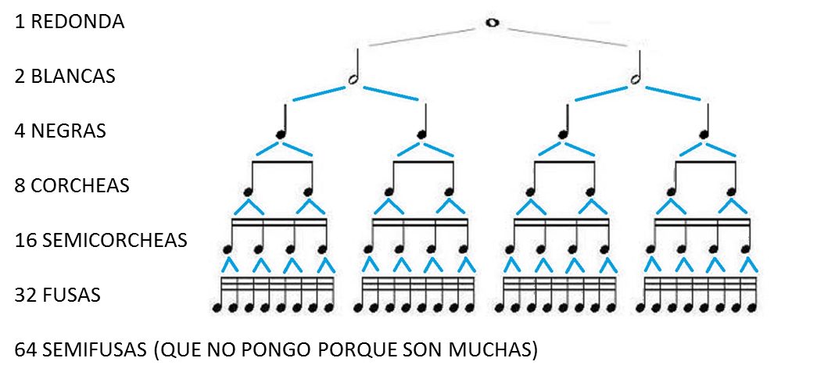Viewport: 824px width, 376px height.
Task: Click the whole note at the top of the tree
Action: click(491, 23)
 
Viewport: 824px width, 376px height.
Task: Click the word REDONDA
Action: click(77, 22)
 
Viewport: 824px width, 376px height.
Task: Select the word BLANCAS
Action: click(73, 77)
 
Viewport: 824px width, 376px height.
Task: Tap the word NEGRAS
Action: click(69, 131)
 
